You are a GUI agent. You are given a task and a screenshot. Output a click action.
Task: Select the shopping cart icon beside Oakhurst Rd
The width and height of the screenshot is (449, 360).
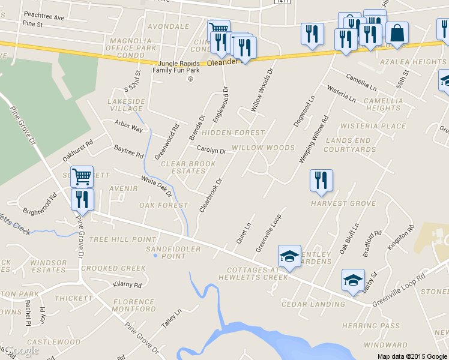click(82, 176)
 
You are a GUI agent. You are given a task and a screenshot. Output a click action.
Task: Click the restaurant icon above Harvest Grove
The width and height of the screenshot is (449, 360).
click(321, 180)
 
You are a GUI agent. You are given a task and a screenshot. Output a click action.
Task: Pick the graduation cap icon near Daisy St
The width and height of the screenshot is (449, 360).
click(353, 280)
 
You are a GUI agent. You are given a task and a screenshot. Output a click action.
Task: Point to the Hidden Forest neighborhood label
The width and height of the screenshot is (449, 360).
click(234, 133)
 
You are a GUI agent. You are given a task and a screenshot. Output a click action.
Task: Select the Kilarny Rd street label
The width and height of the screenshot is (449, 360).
click(127, 285)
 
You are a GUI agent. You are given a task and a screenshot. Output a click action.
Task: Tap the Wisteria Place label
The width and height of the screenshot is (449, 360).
click(373, 126)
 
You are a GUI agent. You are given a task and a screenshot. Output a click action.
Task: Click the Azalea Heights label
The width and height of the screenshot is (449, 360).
click(421, 62)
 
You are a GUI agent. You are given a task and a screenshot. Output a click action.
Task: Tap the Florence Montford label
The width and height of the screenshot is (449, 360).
click(134, 305)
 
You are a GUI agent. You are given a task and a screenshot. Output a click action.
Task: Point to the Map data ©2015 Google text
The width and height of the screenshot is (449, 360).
click(412, 356)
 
